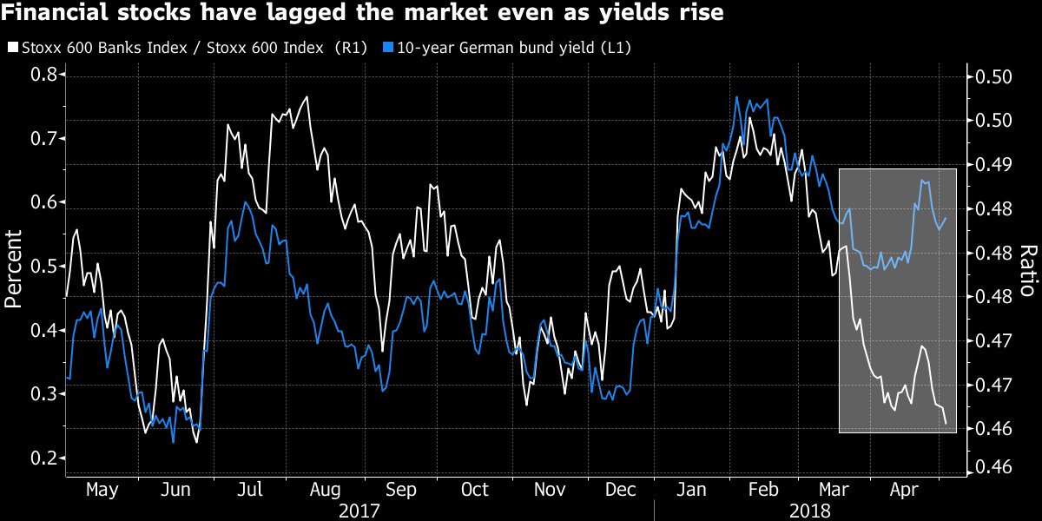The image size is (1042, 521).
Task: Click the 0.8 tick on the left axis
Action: click(44, 76)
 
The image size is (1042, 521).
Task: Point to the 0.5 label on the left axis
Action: click(44, 267)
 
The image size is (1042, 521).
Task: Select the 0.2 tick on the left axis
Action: click(44, 458)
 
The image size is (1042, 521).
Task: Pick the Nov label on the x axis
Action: click(549, 490)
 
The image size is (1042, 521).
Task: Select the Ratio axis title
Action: click(1026, 269)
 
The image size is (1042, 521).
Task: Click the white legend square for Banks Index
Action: click(12, 48)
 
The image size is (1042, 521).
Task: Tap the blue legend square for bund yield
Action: click(389, 48)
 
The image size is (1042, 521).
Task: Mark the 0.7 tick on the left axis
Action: click(44, 139)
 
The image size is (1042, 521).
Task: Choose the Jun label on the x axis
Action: click(176, 490)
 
